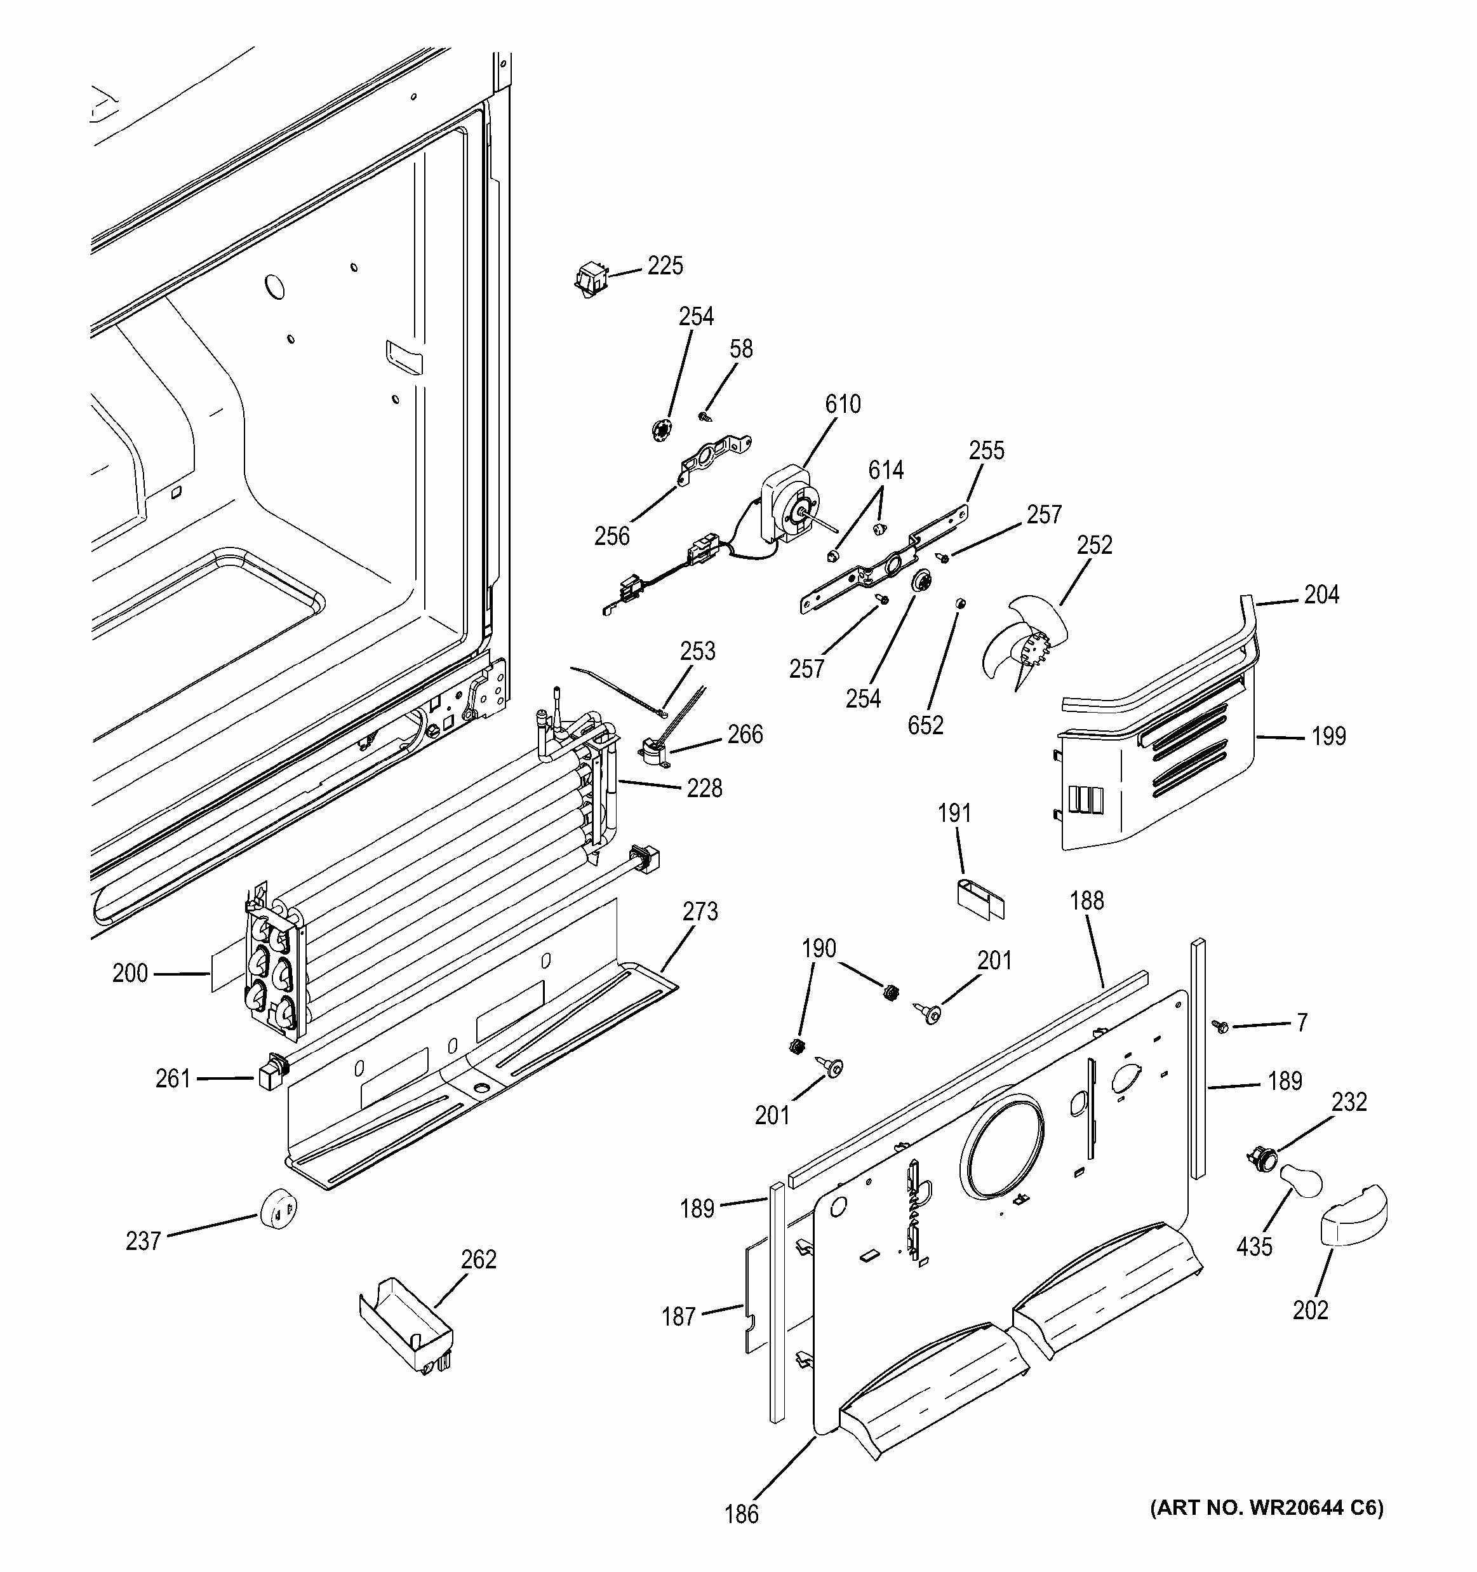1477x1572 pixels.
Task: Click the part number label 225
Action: [x=665, y=265]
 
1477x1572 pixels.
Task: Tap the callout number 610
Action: [x=843, y=404]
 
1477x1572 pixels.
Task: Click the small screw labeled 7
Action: [x=1219, y=1026]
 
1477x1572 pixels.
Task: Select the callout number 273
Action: [x=700, y=911]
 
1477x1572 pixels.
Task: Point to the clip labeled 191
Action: [x=979, y=898]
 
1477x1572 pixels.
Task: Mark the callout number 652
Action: [x=925, y=725]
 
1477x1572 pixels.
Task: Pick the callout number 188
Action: [x=1086, y=900]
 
